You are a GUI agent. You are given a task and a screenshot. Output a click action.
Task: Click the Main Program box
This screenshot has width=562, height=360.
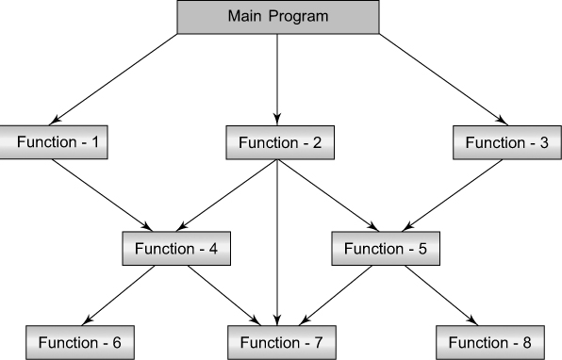point(278,17)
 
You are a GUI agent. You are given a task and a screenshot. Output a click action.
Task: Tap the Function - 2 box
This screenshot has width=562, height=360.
point(280,142)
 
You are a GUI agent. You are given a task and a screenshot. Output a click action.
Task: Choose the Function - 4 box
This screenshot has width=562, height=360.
point(176,249)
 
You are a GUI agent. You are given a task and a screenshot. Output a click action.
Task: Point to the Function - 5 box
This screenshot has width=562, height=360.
point(385,249)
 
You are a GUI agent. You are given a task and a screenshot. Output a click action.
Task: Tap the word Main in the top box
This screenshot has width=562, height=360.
point(247,17)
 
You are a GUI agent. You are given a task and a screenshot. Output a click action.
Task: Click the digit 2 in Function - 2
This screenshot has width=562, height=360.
point(318,142)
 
